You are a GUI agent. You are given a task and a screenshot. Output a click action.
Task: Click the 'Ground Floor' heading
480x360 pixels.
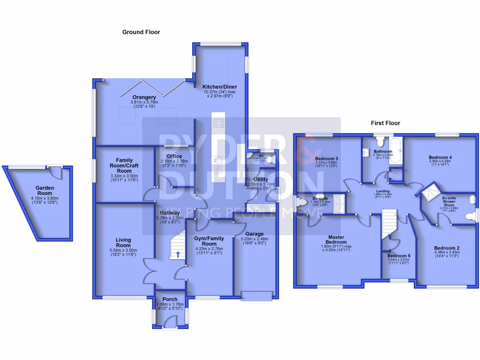(x=141, y=32)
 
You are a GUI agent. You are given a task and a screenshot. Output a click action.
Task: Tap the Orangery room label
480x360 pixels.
(x=144, y=97)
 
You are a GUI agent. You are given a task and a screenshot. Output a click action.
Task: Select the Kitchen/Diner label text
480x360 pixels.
(x=219, y=87)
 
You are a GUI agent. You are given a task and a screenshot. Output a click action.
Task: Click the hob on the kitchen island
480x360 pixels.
(x=219, y=123)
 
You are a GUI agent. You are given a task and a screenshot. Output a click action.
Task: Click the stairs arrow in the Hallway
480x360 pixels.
(x=178, y=255)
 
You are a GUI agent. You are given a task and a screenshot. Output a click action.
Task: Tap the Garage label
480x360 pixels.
(x=254, y=234)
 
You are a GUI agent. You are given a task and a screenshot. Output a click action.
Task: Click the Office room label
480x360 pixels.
(x=174, y=157)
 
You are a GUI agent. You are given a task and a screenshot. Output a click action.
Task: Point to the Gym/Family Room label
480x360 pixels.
(x=209, y=241)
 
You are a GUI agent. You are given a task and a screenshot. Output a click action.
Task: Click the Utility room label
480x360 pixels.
(x=261, y=180)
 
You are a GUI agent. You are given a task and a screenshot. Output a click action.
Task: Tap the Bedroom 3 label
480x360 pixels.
(x=327, y=158)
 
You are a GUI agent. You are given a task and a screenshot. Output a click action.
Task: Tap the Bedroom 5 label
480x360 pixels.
(x=398, y=256)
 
